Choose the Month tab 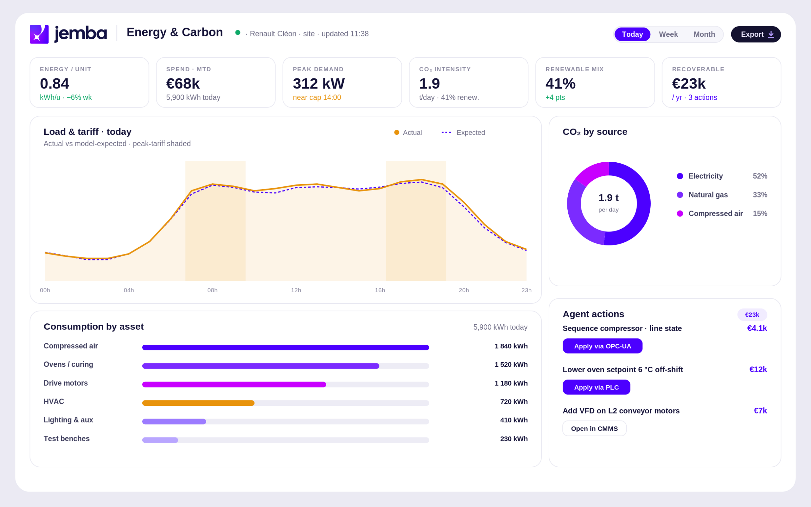coord(704,34)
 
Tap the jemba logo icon coord(39,34)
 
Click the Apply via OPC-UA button coord(602,346)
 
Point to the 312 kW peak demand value coord(319,83)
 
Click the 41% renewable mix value coord(560,83)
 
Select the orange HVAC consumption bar coord(198,403)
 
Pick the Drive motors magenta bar coord(234,384)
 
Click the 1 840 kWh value coord(511,346)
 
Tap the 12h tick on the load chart coord(296,290)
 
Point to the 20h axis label coord(463,290)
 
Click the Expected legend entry coord(463,133)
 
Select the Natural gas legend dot coord(680,195)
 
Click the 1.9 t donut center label coord(608,198)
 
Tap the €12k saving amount coord(758,369)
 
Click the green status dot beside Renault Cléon coord(238,33)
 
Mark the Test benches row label coord(67,439)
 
